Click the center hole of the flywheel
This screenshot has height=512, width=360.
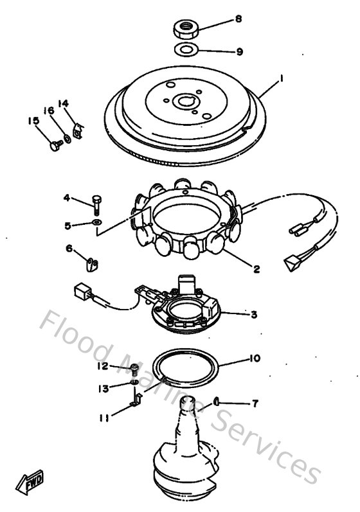click(x=186, y=102)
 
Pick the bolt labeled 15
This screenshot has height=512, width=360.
click(x=53, y=145)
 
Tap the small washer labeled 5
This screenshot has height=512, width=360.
click(x=96, y=222)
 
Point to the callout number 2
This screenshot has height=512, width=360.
click(x=256, y=269)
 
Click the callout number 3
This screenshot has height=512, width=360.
click(x=254, y=314)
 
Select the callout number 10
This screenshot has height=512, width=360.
click(x=255, y=358)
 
